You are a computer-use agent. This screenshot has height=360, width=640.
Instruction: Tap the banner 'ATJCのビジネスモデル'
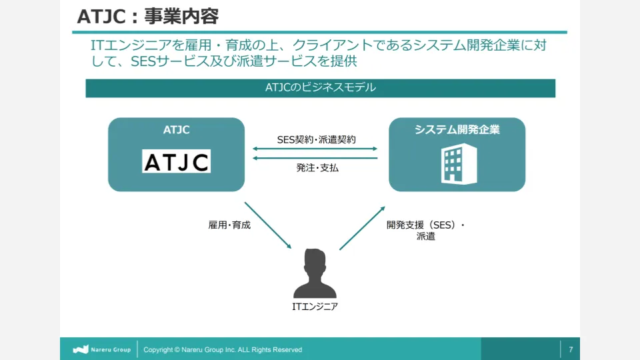(x=320, y=88)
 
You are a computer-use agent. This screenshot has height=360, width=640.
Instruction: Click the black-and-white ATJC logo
(x=176, y=161)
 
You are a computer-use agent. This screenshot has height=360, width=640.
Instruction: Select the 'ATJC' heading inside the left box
(x=176, y=130)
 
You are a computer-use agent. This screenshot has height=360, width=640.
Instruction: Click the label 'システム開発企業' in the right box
(x=457, y=130)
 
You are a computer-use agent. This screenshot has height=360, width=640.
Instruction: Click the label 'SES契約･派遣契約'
(x=316, y=139)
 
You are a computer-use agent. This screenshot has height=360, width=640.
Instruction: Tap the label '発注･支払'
(x=317, y=168)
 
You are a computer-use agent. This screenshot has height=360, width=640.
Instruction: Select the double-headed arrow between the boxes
(x=315, y=149)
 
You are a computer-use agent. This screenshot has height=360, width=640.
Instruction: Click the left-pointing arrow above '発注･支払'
(x=315, y=158)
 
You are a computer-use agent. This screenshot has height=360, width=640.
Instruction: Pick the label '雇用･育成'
(x=229, y=225)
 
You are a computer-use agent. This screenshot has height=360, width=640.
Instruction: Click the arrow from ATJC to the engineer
(x=268, y=225)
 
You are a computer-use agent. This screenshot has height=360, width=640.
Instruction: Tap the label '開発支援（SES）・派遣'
(x=425, y=231)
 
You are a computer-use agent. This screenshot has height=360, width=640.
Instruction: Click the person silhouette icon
(x=315, y=273)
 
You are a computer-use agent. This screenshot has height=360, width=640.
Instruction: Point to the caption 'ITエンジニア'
(x=315, y=307)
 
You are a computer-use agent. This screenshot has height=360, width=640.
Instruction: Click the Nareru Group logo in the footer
(x=101, y=349)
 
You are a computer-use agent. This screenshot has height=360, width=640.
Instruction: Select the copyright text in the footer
(x=223, y=349)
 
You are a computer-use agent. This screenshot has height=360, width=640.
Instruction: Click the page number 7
(x=570, y=349)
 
